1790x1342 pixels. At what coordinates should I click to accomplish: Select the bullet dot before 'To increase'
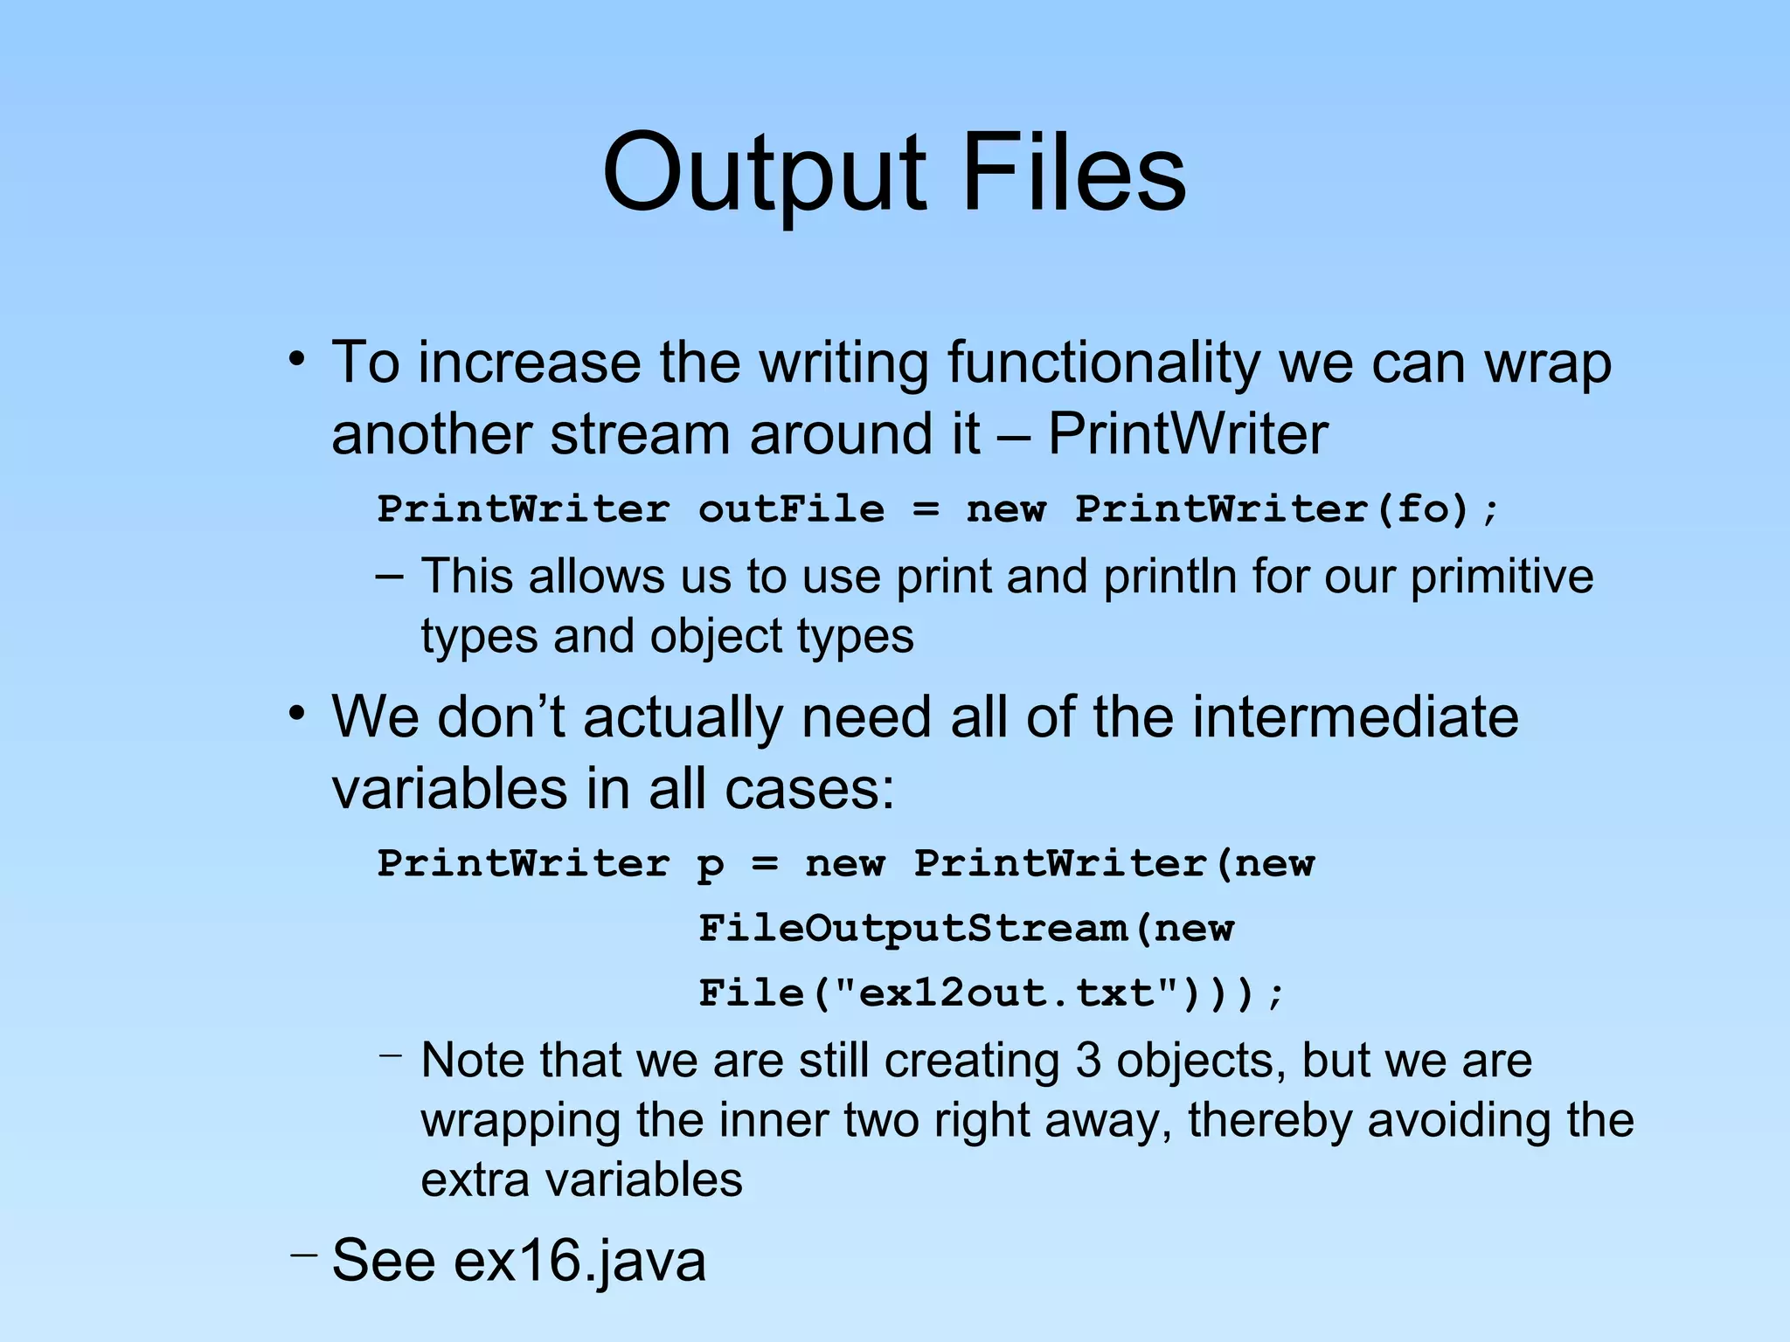coord(298,359)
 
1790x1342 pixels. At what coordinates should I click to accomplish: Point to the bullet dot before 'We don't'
coord(298,714)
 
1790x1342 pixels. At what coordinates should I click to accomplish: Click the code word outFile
coord(791,509)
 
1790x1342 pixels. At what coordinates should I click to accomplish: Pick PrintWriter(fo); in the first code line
coord(1287,509)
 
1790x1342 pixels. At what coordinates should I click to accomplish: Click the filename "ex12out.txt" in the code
coord(996,993)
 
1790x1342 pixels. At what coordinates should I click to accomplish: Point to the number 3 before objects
coord(1088,1060)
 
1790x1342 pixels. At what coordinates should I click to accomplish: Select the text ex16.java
coord(579,1260)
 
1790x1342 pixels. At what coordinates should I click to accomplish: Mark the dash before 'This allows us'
coord(390,576)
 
